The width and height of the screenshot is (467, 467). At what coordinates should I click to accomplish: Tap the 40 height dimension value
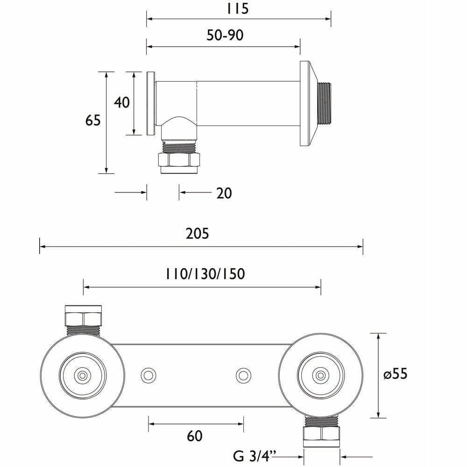click(122, 102)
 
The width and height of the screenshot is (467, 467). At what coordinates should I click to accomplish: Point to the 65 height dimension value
click(93, 120)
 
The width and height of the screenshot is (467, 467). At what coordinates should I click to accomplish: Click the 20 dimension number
click(224, 193)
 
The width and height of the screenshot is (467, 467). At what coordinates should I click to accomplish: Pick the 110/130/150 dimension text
click(205, 274)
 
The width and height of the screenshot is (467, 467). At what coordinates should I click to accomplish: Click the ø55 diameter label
click(400, 375)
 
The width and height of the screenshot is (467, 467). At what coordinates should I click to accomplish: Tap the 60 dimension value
click(195, 436)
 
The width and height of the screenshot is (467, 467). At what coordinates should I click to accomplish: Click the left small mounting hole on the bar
click(149, 375)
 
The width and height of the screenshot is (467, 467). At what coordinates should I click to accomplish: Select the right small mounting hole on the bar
click(242, 375)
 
